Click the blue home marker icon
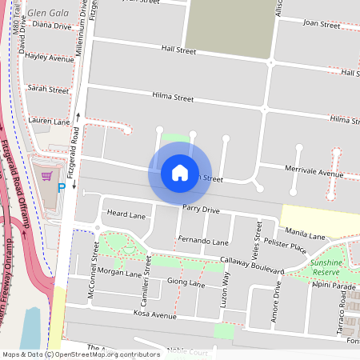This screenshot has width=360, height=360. point(179,172)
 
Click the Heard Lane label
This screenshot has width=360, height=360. point(126,215)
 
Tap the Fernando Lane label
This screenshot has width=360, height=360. point(203,241)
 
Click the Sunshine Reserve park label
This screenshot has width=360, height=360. point(326,267)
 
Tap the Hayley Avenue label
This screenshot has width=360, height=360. point(50,58)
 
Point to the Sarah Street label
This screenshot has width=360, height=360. point(48,90)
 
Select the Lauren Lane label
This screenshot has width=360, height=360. point(49,122)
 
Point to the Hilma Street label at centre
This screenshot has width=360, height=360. point(173,98)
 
